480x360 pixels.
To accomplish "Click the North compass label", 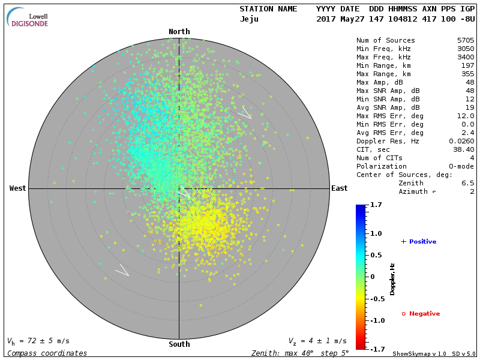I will click(179, 32).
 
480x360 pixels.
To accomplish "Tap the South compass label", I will click(179, 344).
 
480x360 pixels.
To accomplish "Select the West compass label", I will click(17, 188).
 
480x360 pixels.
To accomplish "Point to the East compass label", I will click(339, 188).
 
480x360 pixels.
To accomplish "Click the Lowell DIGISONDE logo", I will click(28, 17).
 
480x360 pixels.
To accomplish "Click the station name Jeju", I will click(249, 19).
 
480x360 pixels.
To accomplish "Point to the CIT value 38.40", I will click(461, 149).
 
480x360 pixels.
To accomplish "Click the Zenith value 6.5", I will click(467, 183).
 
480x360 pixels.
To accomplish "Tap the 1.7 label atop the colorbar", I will click(376, 205).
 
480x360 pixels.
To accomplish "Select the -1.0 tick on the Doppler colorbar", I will click(376, 320).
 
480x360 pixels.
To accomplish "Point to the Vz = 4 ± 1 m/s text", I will click(317, 341).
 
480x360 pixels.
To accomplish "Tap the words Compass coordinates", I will click(47, 353).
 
